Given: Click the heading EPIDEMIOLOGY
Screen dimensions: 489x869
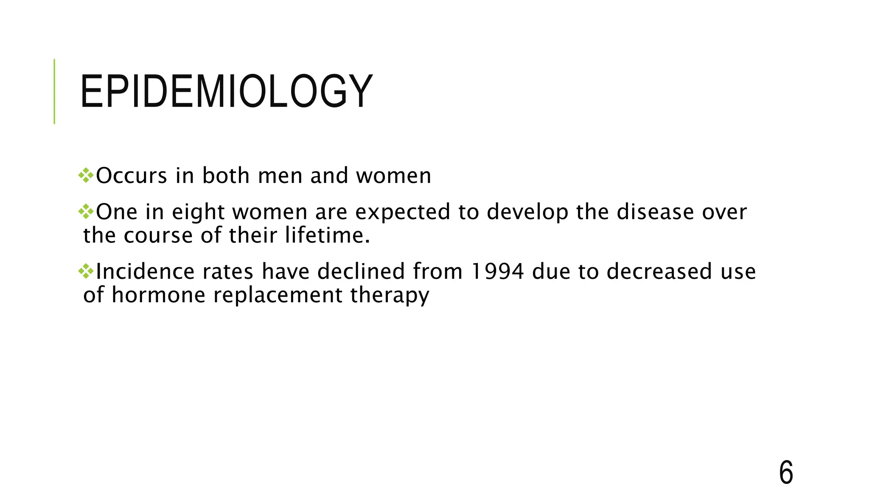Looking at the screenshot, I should tap(226, 92).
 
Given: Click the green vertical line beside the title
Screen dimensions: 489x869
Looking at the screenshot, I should tap(54, 91).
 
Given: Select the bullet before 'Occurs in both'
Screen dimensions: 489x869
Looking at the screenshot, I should tap(86, 175).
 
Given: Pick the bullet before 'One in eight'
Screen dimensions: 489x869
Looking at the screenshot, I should tap(86, 211).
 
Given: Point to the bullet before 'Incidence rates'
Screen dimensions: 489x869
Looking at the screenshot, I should tap(86, 271).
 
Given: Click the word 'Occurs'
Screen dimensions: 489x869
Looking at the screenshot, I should tap(132, 176).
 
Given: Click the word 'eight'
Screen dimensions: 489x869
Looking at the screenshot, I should tap(198, 212).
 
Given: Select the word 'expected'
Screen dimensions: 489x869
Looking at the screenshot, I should tap(403, 212).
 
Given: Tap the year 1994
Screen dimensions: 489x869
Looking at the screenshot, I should tap(497, 272).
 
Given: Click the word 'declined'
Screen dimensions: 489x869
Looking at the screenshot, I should tap(361, 272).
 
